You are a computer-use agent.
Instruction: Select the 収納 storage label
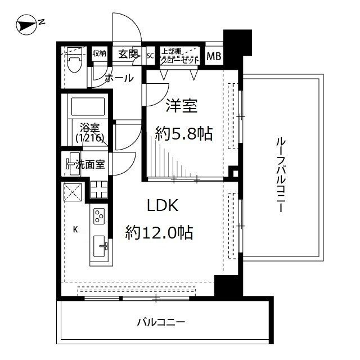tap(99, 54)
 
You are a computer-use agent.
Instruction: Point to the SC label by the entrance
tap(150, 55)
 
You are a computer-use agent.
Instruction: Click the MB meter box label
tap(214, 56)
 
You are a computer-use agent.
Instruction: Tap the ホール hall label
tap(119, 78)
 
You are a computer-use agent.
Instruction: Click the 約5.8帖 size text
tap(183, 133)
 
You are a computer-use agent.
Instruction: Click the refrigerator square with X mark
tap(73, 191)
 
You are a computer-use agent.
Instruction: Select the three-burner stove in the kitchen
tap(99, 216)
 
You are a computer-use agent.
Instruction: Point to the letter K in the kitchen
tap(75, 229)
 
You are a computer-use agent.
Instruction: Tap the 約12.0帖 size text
tap(160, 232)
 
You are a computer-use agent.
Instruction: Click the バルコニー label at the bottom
tap(161, 322)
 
